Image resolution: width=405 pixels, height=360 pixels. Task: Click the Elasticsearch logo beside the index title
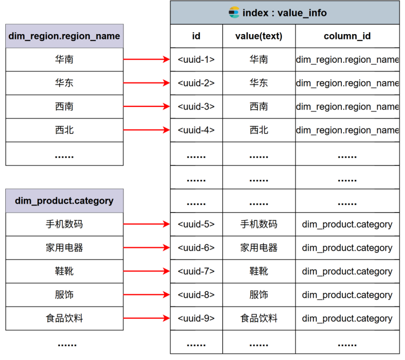coord(234,12)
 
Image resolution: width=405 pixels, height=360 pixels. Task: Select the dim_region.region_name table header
coord(64,36)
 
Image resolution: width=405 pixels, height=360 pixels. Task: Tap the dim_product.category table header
coord(64,201)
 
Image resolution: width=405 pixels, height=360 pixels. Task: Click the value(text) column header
coord(259,36)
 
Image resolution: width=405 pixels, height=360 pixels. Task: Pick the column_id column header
coord(348,36)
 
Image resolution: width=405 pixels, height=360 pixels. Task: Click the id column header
coord(196,36)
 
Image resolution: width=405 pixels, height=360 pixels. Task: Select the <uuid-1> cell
coord(196,59)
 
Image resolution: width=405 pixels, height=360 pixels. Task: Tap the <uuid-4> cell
coord(196,130)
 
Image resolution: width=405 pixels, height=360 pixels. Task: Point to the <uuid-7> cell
coord(196,271)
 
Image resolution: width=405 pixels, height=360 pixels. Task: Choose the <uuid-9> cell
coord(196,318)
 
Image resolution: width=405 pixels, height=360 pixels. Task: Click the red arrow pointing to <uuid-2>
coord(147,83)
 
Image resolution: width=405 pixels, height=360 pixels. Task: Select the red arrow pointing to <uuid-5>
coord(147,224)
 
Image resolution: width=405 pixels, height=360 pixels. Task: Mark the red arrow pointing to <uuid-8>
coord(147,295)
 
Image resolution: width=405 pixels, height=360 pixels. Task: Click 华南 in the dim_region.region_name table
coord(64,59)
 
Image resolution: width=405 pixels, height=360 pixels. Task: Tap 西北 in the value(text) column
coord(259,130)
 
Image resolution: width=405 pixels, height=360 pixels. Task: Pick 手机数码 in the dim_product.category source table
coord(64,224)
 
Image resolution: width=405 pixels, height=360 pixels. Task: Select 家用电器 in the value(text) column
coord(259,248)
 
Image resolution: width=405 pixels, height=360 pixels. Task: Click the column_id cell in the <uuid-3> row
coord(348,107)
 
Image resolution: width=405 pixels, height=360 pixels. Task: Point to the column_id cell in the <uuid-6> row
coord(348,248)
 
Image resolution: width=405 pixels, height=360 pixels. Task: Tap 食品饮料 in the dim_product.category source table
coord(64,318)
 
